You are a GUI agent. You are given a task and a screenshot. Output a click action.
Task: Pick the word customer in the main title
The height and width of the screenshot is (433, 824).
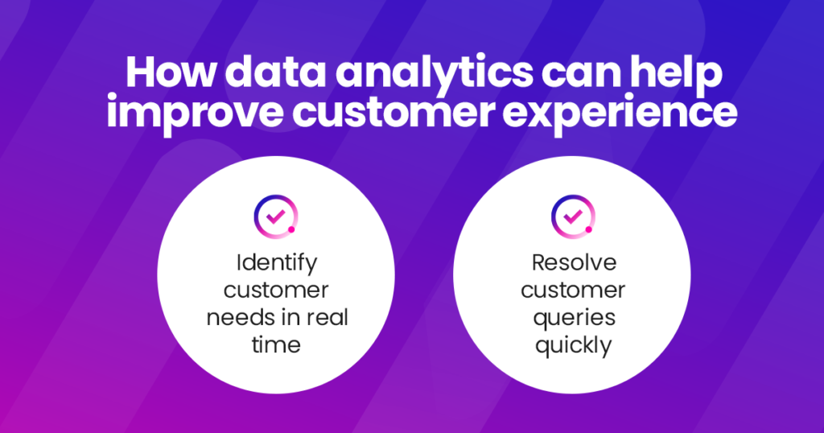(x=399, y=113)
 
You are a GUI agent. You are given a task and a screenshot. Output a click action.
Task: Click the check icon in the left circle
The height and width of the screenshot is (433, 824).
(x=275, y=215)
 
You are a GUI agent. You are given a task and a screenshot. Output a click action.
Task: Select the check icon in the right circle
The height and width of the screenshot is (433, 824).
(x=571, y=215)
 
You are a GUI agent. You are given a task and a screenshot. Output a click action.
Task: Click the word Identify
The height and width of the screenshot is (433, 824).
(x=276, y=262)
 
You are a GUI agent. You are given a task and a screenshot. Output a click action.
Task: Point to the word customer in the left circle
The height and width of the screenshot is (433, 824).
(x=276, y=290)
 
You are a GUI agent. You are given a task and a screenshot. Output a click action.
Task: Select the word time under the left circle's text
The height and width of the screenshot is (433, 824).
(x=276, y=344)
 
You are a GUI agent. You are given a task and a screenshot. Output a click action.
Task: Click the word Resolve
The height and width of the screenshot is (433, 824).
(x=572, y=262)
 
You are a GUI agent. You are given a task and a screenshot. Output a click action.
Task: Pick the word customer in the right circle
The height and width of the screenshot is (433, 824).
(x=572, y=290)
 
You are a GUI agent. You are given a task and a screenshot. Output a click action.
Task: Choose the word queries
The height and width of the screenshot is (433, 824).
(x=572, y=318)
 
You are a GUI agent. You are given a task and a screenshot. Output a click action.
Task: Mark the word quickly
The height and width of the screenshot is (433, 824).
(x=572, y=345)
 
